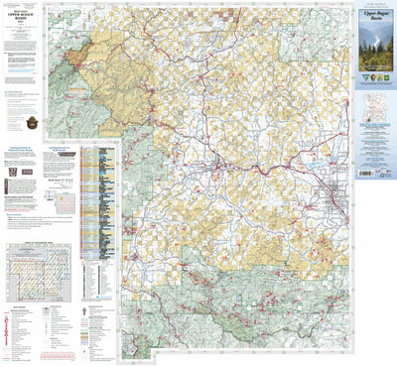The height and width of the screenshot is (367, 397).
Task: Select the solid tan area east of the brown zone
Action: pyautogui.click(x=119, y=50)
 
